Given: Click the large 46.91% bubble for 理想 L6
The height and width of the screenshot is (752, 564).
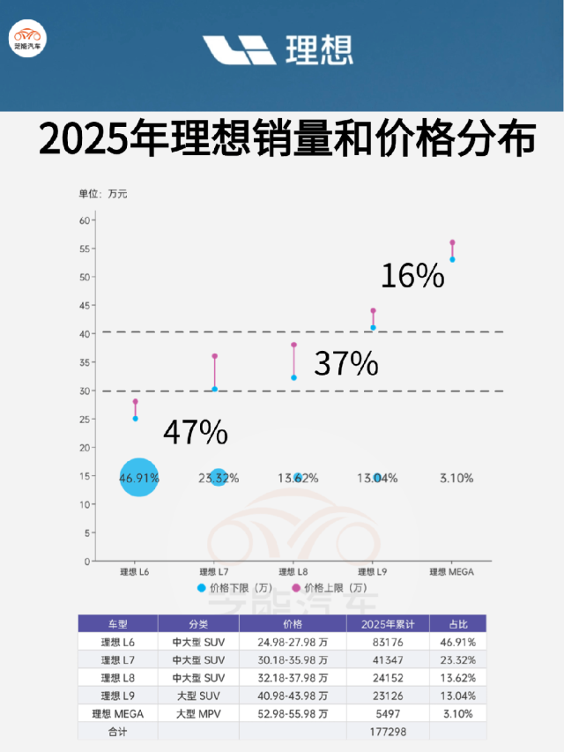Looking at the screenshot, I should (x=138, y=478).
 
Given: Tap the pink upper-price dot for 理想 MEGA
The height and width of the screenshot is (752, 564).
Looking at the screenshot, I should (x=452, y=242).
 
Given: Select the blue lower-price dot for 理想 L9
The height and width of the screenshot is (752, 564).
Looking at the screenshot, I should (x=373, y=328).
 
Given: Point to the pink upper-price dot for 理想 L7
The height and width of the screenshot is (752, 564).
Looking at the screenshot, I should (x=214, y=356).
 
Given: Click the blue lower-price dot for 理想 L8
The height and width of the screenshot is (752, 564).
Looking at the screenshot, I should (x=293, y=377).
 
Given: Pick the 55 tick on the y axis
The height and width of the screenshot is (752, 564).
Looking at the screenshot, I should (x=85, y=249).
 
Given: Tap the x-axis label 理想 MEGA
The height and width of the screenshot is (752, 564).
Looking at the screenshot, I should (x=451, y=571).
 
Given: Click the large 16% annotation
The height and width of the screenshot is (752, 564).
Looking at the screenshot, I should (x=412, y=276).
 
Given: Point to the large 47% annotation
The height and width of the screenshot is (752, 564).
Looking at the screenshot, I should (x=196, y=433).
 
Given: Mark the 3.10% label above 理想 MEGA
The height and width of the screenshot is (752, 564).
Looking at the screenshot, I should (x=456, y=478).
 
